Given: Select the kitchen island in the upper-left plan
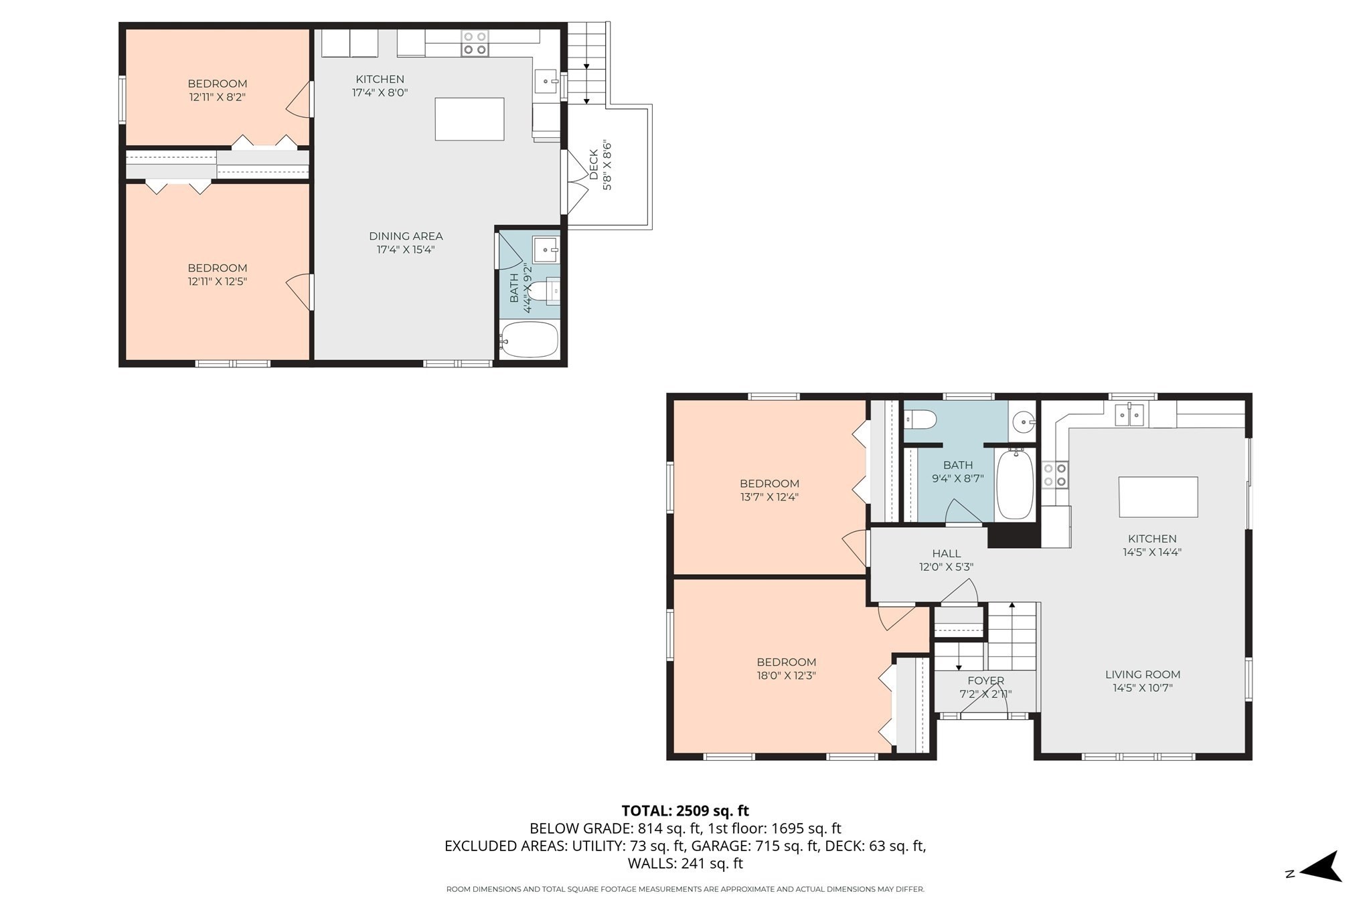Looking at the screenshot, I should coord(469,118).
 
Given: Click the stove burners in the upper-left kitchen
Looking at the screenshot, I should coord(475,43).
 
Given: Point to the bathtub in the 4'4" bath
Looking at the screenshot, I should coord(529,340).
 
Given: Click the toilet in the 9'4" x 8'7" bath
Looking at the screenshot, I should coord(920,420).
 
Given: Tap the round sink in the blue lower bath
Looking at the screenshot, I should coord(1022,422).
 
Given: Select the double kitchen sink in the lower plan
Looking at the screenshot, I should coord(1129,416).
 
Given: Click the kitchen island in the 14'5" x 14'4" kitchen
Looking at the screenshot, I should coord(1158,496).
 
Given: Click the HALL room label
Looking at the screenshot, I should coord(946,553).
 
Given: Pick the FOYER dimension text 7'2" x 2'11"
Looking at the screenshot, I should coord(985,695).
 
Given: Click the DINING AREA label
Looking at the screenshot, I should coord(406,236).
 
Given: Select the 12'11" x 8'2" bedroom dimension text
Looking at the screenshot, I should coord(217,97).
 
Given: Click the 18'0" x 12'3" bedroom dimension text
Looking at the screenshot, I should coord(786,676).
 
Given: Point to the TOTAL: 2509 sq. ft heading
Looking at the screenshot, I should coord(685,811).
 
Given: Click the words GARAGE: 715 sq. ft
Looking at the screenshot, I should coord(754,846).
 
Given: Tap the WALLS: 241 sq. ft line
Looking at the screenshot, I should coord(685,863).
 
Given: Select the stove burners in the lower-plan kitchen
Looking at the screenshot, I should coord(1054,475).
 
